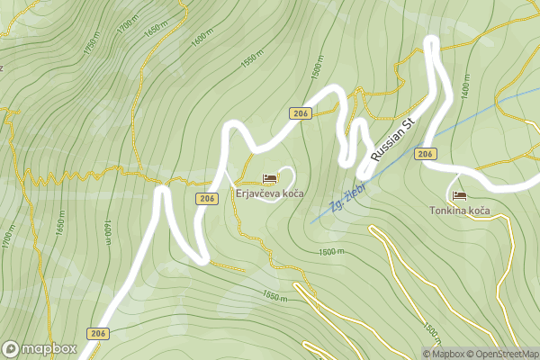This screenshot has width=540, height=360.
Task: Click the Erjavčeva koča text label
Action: coord(269,193)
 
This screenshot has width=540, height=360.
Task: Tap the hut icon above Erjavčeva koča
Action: coord(269,179)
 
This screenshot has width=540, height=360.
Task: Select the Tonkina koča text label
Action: coord(459,210)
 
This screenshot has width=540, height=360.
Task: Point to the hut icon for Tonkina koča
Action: coord(459,195)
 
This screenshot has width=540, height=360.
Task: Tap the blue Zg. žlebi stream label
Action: coord(346,194)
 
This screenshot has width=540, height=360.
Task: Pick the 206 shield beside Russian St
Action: coord(427,154)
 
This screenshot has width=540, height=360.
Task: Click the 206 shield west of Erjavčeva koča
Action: coord(207,198)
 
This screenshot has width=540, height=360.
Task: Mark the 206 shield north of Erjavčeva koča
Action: coord(301,112)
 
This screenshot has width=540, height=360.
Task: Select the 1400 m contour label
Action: coord(464,88)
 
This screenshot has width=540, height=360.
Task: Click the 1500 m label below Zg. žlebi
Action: coord(332,252)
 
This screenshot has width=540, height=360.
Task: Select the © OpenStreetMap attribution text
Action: coord(507,354)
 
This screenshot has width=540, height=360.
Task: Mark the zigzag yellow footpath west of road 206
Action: coord(54,175)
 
